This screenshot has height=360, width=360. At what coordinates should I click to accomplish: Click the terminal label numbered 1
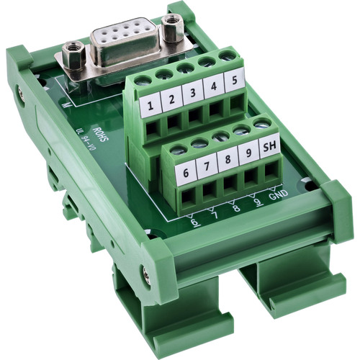pos(150,109)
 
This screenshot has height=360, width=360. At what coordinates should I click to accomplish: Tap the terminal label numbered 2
pos(171,102)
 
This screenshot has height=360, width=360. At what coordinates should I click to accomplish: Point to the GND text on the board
pos(278,194)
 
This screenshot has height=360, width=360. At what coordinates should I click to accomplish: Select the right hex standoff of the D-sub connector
pos(171,27)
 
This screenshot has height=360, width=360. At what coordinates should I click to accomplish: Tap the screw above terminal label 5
pos(228,57)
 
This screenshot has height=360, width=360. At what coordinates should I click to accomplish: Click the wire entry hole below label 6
pos(189,196)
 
